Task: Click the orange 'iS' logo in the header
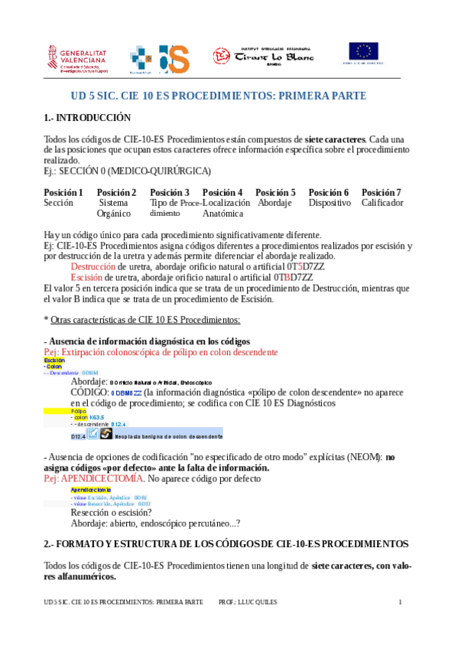coord(174,57)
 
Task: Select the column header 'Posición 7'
coord(381,192)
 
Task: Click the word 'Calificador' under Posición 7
coord(382,203)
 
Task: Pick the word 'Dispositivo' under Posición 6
coord(329,203)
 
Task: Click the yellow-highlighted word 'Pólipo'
coord(79,410)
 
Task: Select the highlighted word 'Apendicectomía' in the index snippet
coord(90,489)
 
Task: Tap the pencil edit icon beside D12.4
coord(93,435)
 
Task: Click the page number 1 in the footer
coord(400,602)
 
